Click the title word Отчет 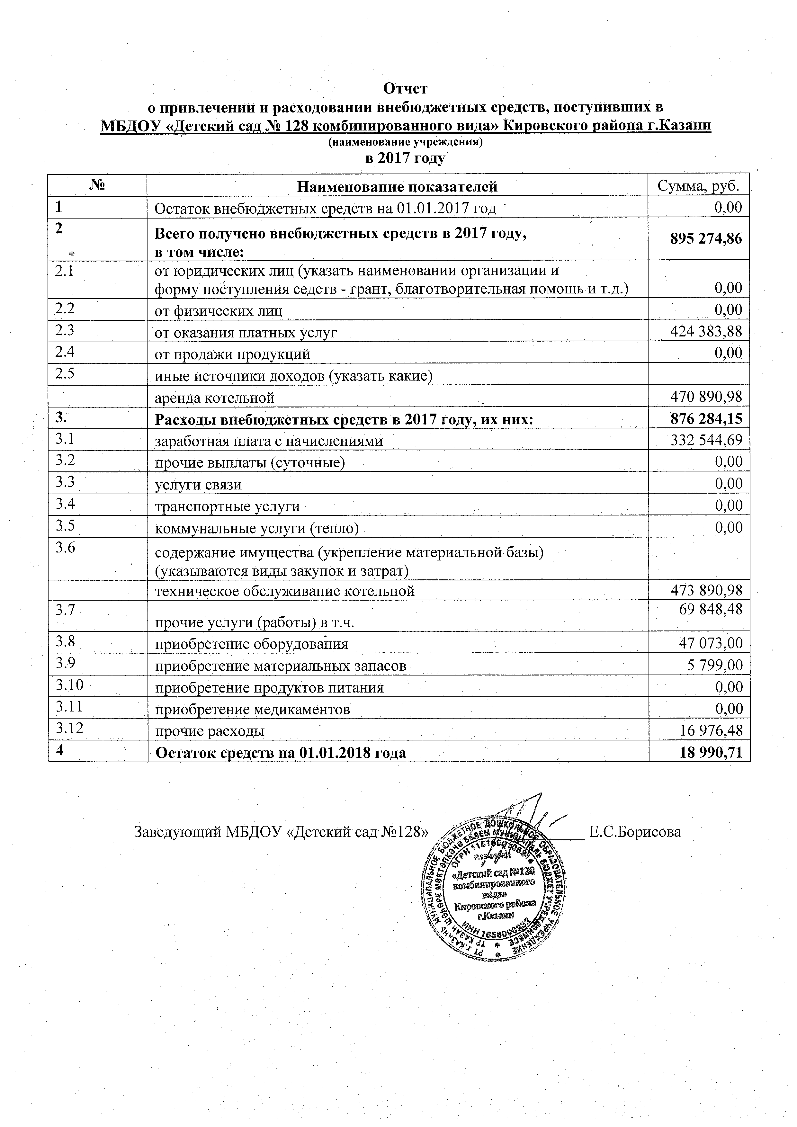tap(405, 88)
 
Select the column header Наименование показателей tap(398, 186)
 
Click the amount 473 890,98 tap(707, 590)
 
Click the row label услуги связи tap(198, 485)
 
